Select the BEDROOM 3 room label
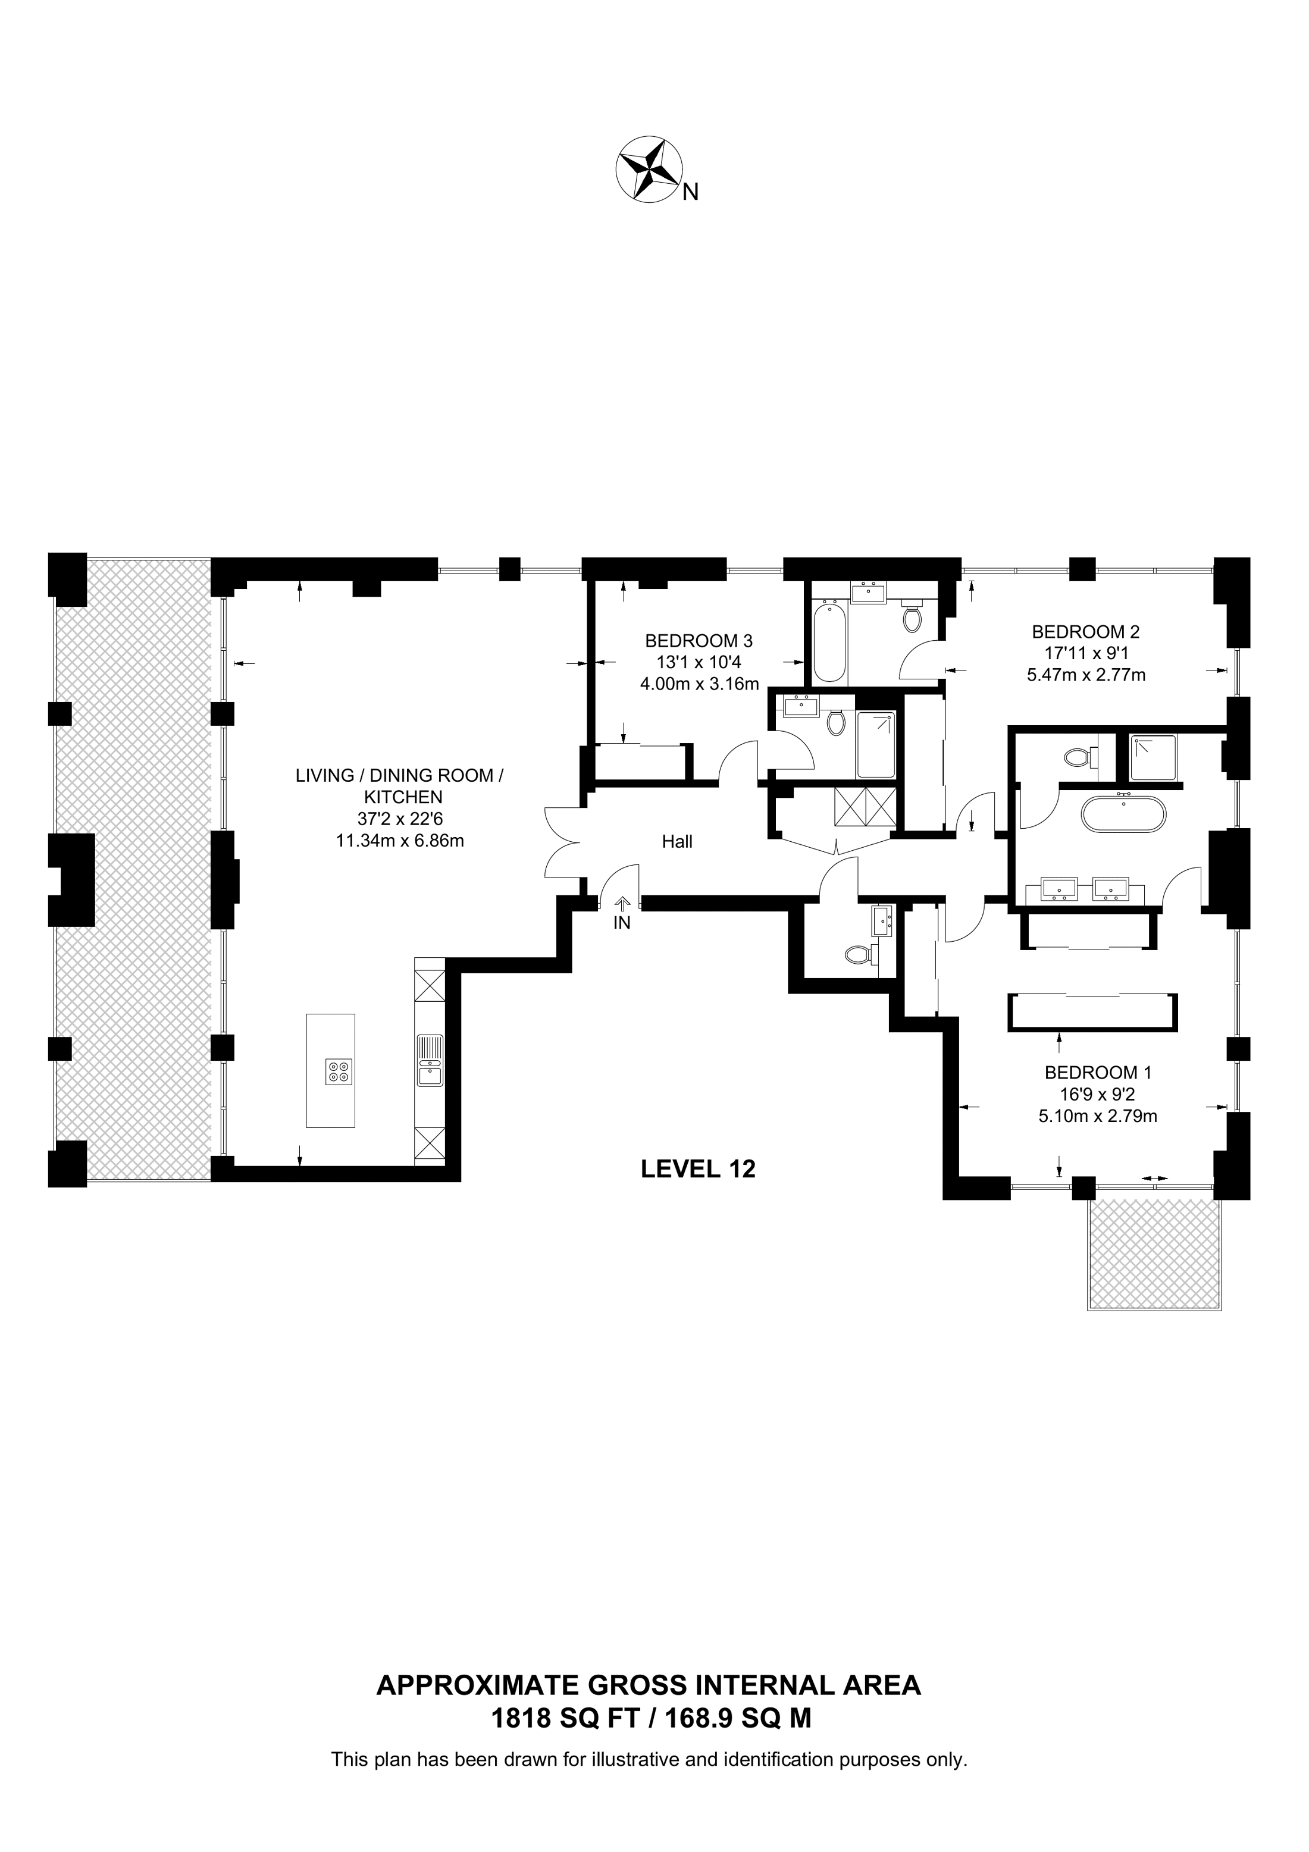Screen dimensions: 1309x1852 click(699, 641)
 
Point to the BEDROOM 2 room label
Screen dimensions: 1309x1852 click(1086, 632)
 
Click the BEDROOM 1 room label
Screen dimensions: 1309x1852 click(1098, 1073)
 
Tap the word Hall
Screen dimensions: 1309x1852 click(678, 842)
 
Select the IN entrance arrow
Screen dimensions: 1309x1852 click(622, 906)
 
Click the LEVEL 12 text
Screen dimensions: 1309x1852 click(699, 1169)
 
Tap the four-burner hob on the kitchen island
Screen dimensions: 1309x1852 click(339, 1071)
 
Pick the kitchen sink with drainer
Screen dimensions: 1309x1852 click(429, 1060)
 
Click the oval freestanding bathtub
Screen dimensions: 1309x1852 click(1123, 814)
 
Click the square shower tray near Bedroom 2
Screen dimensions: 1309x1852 click(1153, 757)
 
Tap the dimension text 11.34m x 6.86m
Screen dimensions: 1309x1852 click(400, 841)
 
